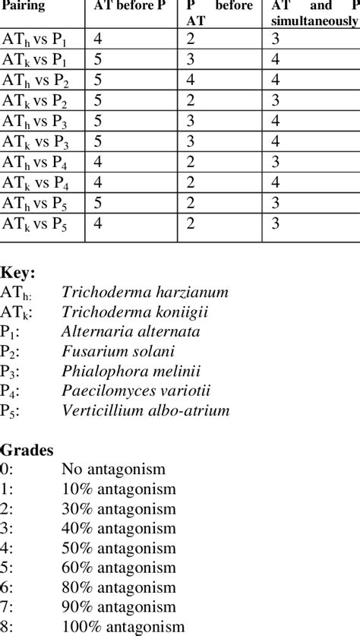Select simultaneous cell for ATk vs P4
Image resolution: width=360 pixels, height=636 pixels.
pyautogui.click(x=278, y=182)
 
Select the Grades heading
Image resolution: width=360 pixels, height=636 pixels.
pyautogui.click(x=27, y=450)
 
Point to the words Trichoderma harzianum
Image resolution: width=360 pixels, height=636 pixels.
pyautogui.click(x=145, y=293)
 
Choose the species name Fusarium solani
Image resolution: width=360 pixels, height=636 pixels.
pyautogui.click(x=118, y=352)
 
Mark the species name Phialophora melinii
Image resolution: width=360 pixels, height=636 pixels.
pyautogui.click(x=129, y=372)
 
